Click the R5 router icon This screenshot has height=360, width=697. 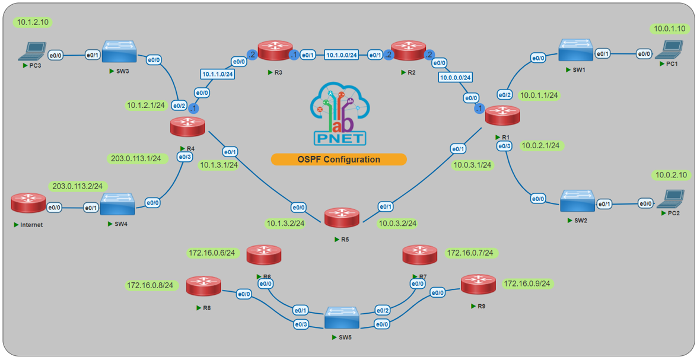(x=342, y=218)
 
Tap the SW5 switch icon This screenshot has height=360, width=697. (x=342, y=318)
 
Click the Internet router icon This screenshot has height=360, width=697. (x=28, y=203)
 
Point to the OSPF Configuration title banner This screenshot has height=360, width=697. (x=339, y=159)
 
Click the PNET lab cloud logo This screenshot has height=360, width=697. (x=339, y=116)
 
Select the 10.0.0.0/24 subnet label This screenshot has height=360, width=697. (x=456, y=77)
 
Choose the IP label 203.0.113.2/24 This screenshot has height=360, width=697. (x=77, y=186)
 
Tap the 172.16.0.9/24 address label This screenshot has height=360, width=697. (x=527, y=283)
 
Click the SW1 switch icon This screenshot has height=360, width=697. (x=575, y=51)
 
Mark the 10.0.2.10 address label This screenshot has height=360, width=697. (x=671, y=175)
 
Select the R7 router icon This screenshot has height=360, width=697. (x=420, y=255)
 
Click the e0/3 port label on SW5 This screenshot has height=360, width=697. (x=301, y=324)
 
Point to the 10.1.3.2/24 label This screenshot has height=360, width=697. (x=285, y=224)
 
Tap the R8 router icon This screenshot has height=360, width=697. (x=203, y=286)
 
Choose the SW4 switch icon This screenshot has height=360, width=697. (x=117, y=203)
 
